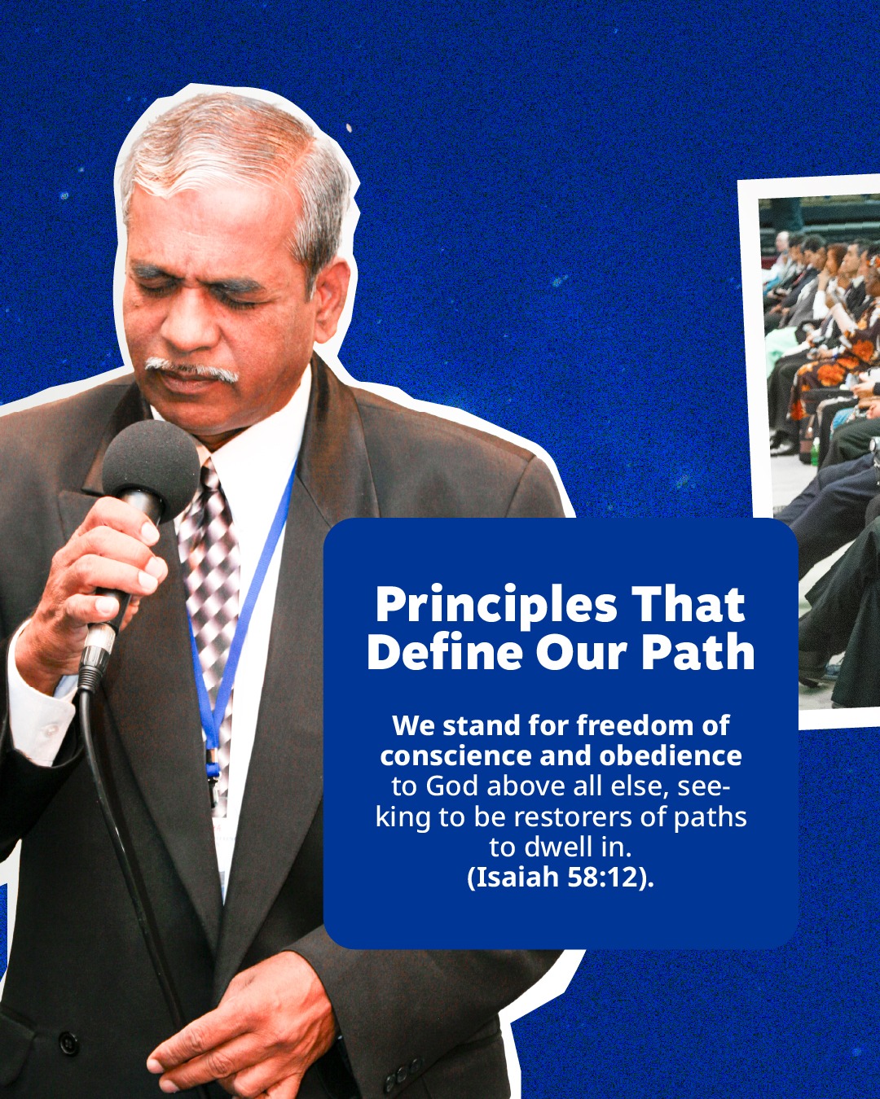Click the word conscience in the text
coord(456,756)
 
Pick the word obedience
coord(670,755)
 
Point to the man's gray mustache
coord(191,369)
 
